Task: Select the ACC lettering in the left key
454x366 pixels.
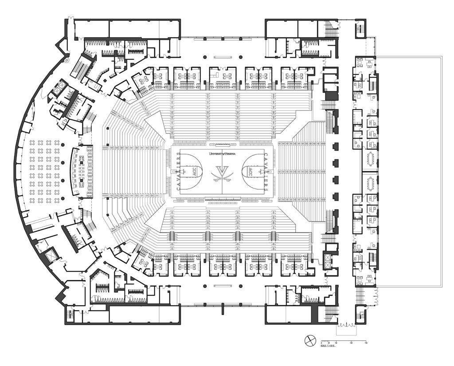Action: pos(194,171)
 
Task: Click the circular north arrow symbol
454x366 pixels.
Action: pos(309,341)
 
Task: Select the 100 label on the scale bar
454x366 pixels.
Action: pos(351,343)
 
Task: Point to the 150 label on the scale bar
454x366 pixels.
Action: pos(366,343)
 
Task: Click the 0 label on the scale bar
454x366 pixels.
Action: pos(322,343)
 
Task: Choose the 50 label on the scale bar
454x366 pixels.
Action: pos(337,343)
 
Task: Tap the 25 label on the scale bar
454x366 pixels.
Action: pos(329,343)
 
